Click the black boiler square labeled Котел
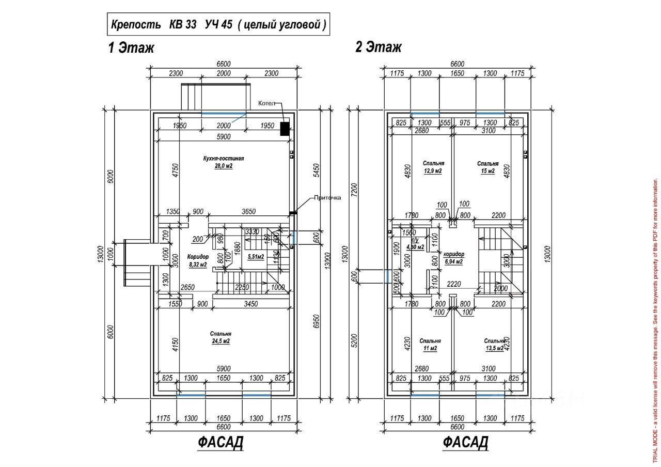[x=285, y=129]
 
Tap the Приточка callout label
[x=327, y=197]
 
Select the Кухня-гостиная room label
[x=223, y=159]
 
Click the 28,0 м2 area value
[x=223, y=166]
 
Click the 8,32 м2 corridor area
[x=198, y=264]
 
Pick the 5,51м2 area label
[x=256, y=257]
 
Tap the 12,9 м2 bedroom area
[x=433, y=170]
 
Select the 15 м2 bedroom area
[x=487, y=170]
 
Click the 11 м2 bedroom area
[x=430, y=349]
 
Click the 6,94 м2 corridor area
[x=453, y=262]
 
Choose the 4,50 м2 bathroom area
[x=415, y=247]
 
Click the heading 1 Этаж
[x=131, y=48]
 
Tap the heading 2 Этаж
[x=378, y=48]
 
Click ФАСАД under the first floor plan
[x=220, y=443]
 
